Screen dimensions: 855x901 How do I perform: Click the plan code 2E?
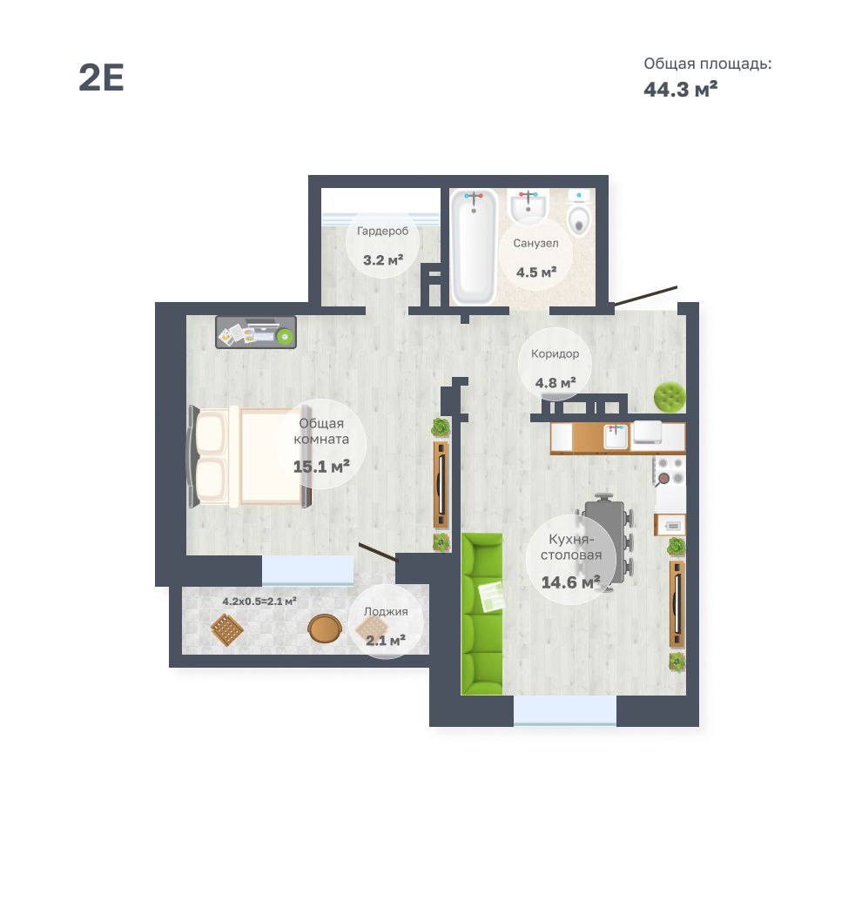coord(101,77)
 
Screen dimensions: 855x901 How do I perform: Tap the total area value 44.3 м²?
coord(680,89)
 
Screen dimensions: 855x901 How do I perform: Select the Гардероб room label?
coord(383,231)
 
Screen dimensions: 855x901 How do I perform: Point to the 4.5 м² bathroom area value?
coord(536,272)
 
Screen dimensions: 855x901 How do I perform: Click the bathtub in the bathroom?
coord(474,247)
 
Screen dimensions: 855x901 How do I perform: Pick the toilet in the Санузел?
coord(579,214)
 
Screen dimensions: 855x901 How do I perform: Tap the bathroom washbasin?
coord(528,207)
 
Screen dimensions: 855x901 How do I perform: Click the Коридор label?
coord(555,353)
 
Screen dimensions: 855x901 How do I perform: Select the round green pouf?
coord(670,396)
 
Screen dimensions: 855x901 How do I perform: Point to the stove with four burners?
coord(670,471)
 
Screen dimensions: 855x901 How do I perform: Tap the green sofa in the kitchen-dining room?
coord(482,614)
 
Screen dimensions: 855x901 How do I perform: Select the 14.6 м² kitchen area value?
coord(570,582)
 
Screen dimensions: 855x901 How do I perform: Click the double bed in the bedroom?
coord(250,457)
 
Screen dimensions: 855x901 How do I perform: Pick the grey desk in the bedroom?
coord(256,333)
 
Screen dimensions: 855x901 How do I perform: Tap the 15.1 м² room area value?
coord(321,466)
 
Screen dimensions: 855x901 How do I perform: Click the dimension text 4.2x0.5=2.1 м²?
coord(259,601)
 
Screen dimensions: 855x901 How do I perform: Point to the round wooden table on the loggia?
coord(324,629)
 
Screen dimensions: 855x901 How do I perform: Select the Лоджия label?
coord(386,611)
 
